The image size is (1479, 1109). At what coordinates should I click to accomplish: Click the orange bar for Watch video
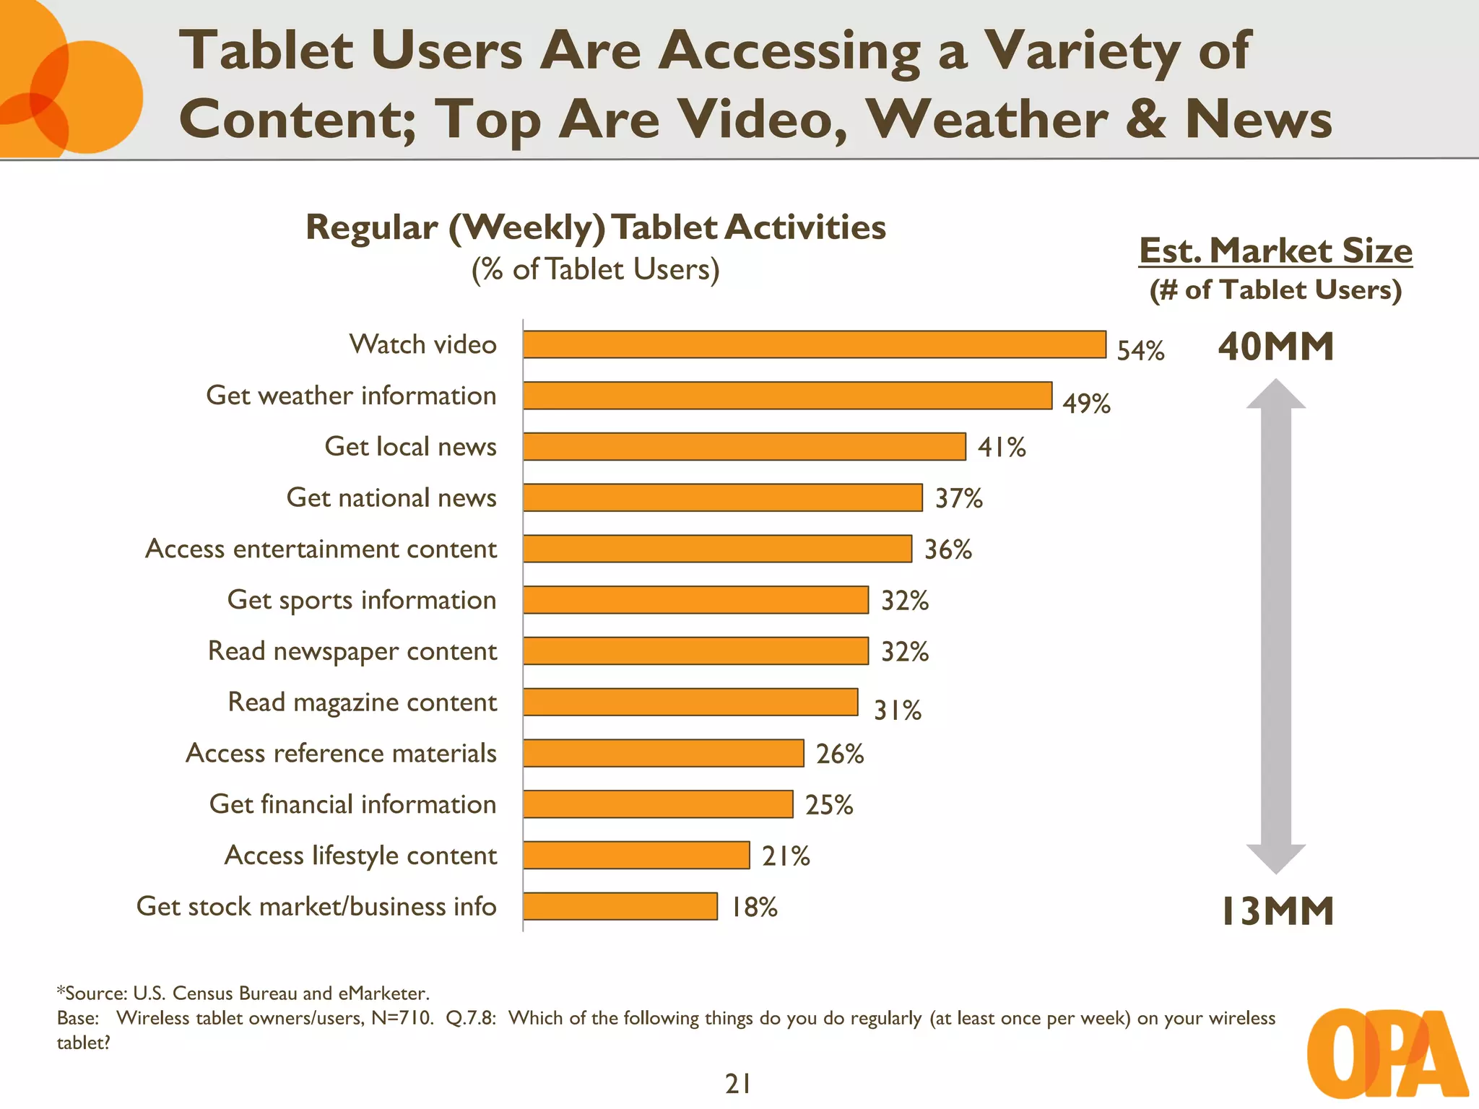coord(814,344)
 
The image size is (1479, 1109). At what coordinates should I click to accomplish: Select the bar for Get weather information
coord(787,396)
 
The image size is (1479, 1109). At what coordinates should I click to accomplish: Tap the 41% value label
coord(1002,448)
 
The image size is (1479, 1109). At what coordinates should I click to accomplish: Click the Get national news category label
coord(391,497)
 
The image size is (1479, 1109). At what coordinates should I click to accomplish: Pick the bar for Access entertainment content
coord(717,549)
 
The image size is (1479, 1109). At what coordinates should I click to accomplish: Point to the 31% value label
coord(898,710)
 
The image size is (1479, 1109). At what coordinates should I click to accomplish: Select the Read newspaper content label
coord(352,651)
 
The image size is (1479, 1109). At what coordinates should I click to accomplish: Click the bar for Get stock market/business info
coord(620,906)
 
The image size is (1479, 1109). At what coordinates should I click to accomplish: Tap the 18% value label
coord(754,908)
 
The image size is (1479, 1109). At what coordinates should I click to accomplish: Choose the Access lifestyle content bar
coord(636,856)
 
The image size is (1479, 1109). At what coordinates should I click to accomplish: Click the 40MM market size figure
coord(1275,347)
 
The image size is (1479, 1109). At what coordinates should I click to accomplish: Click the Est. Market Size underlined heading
coord(1275,251)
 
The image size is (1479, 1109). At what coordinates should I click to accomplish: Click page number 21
coord(738,1084)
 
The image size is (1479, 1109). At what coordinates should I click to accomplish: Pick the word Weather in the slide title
coord(986,119)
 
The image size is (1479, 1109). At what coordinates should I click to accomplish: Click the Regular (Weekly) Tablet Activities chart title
coord(596,227)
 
